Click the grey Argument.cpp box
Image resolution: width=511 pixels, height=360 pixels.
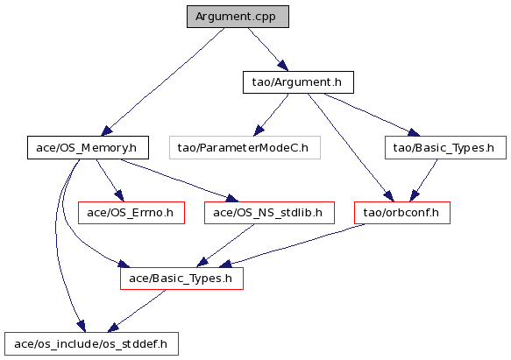point(238,17)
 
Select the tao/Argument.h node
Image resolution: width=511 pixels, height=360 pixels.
point(298,82)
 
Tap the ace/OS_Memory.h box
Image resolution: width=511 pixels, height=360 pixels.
point(88,148)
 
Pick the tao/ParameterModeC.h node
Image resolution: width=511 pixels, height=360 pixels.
point(245,148)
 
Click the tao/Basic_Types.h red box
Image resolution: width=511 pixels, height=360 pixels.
point(445,148)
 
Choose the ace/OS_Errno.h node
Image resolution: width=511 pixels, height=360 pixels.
point(131,213)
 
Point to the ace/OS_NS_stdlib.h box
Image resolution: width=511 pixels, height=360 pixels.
point(269,213)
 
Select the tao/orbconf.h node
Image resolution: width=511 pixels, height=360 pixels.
point(402,213)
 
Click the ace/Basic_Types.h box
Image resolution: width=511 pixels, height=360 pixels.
point(181,279)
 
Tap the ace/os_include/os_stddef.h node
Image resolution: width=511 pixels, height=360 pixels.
point(91,344)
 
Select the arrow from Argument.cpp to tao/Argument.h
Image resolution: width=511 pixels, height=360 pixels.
point(268,49)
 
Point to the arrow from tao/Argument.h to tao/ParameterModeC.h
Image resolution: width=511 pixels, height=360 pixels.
point(271,115)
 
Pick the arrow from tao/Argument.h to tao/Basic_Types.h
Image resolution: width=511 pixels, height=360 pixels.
point(372,114)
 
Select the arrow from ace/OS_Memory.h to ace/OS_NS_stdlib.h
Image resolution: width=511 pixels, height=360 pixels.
point(179,180)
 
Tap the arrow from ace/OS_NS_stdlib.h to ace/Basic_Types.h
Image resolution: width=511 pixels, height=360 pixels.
point(225,245)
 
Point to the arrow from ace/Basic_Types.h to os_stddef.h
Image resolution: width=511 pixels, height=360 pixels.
point(137,311)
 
